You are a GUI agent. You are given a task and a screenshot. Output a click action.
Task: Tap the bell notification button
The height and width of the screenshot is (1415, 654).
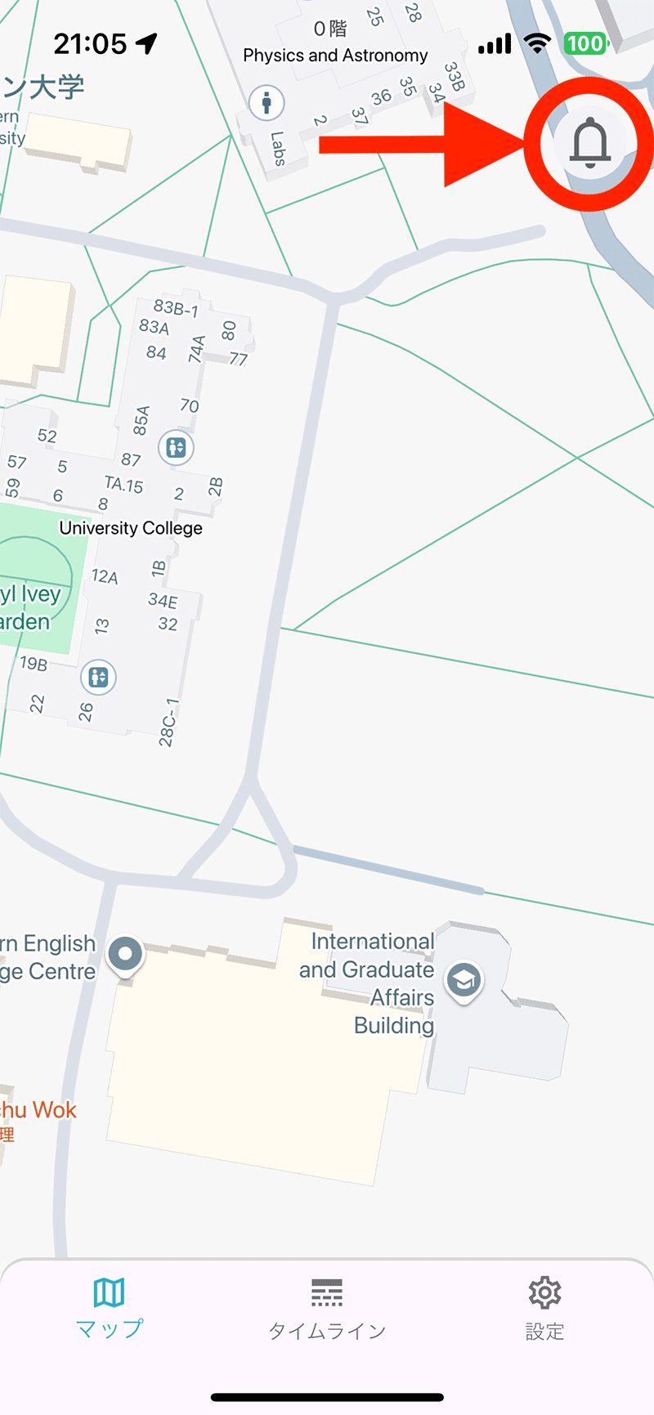(589, 143)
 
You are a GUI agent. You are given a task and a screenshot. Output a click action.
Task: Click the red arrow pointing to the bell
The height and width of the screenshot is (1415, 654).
(425, 145)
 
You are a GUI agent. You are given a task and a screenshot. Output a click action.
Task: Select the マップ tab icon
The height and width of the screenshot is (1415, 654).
(109, 1293)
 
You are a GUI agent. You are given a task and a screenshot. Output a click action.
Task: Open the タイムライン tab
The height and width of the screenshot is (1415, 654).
(327, 1308)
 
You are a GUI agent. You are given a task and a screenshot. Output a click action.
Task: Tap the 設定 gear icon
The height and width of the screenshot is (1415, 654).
(544, 1293)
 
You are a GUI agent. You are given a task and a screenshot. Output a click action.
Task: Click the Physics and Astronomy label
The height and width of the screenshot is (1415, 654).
(335, 56)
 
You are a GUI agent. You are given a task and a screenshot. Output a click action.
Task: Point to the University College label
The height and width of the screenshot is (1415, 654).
(131, 528)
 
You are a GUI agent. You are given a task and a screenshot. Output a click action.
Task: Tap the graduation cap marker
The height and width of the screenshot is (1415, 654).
(464, 979)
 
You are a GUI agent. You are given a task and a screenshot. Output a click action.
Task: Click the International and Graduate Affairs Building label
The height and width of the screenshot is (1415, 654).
(372, 983)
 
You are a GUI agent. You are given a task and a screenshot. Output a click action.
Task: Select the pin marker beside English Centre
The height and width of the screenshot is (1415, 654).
(125, 954)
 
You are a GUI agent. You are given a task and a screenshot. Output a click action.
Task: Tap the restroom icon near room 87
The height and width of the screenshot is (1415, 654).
(176, 447)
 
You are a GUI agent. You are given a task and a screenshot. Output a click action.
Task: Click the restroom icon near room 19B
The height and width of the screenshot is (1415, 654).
(98, 677)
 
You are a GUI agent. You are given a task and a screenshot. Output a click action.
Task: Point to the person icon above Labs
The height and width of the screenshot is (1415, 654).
(266, 103)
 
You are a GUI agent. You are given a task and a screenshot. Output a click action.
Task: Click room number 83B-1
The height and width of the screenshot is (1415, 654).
(176, 308)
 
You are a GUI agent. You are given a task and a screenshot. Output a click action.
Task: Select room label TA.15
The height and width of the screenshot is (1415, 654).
(123, 484)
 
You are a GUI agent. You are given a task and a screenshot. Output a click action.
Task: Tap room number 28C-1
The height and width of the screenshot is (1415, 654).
(168, 723)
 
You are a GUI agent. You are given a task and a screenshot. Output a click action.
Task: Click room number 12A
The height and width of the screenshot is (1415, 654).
(105, 576)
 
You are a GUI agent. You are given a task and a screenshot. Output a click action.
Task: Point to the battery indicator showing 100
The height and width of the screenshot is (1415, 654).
(585, 43)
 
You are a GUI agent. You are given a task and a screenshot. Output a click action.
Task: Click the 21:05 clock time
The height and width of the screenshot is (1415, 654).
(90, 43)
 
